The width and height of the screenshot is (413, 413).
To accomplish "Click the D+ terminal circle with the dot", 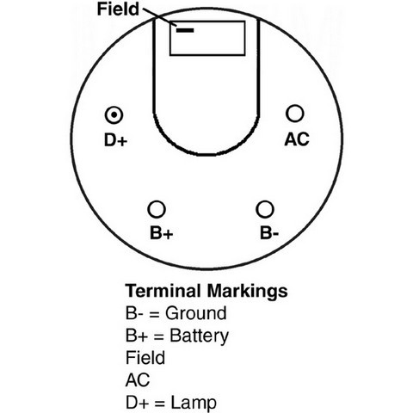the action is pos(114,115).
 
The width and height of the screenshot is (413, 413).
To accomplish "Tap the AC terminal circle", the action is pos(294,113).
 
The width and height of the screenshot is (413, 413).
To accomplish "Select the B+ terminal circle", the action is pos(157,209).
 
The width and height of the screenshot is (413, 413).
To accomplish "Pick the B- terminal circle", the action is pos(265,209).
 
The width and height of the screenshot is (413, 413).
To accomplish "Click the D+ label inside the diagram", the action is pos(115,140).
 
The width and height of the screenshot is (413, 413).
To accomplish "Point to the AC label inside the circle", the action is pos(297,139).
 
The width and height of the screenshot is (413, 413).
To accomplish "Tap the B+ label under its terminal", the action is pos(162,232).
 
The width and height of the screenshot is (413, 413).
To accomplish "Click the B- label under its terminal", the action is pos(269,232).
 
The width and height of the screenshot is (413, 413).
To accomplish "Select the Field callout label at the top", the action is pos(118,9).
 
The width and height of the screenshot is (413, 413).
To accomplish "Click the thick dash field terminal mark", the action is pos(185,30).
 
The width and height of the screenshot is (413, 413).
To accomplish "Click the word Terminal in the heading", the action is pos(163,291).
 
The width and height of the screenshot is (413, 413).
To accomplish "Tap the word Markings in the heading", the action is pos(247,292).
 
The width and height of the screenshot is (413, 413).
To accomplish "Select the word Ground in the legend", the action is pos(196,313).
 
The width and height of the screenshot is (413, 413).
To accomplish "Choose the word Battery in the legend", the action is pos(199,336).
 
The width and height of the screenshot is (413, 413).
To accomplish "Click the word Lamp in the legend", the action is pos(194,403).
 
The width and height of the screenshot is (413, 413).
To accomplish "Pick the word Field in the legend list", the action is pos(145,358).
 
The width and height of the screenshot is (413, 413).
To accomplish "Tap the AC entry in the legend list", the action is pos(138,380).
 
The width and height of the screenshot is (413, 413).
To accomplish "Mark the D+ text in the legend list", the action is pos(137,403).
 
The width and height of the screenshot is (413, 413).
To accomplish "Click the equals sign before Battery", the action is pos(158,336).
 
